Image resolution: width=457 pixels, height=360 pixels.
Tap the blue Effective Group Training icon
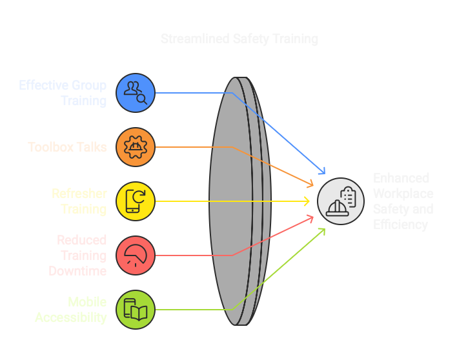click(136, 93)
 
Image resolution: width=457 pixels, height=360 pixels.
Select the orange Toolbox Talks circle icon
click(136, 147)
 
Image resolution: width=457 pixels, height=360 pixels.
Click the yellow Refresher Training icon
click(136, 201)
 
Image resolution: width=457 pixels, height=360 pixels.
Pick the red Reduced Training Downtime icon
click(136, 255)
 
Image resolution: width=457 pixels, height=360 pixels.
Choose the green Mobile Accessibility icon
click(136, 310)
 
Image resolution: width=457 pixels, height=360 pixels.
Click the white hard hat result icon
click(341, 201)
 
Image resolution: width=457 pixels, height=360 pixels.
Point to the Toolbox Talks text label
click(67, 147)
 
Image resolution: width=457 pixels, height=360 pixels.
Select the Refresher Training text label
click(79, 201)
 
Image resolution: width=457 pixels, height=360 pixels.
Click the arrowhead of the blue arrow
click(323, 172)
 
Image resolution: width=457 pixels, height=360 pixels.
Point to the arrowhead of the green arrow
click(323, 230)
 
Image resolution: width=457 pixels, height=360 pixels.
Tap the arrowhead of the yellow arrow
click(307, 201)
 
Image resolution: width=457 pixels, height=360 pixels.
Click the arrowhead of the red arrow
click(311, 218)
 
